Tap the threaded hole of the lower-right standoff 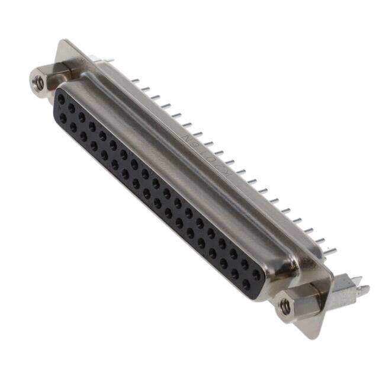pyautogui.click(x=285, y=306)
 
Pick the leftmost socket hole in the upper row pyautogui.click(x=61, y=99)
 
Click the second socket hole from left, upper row pyautogui.click(x=72, y=109)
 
